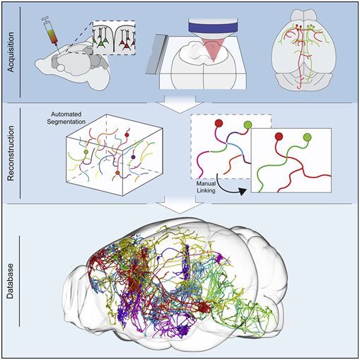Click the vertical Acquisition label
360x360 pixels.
pos(11,52)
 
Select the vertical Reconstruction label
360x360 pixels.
pos(11,153)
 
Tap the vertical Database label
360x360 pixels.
pos(10,281)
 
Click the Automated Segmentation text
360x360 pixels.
pos(66,118)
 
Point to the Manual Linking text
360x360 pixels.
pos(206,187)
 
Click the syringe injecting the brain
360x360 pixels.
pos(52,35)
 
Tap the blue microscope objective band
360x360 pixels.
pos(213,26)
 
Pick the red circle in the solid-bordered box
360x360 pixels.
pos(279,137)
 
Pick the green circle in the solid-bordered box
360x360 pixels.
pos(308,137)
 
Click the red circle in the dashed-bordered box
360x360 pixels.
pos(219,123)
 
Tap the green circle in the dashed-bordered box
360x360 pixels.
pos(248,124)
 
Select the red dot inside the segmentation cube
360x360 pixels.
pos(127,135)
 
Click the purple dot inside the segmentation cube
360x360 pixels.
pos(133,157)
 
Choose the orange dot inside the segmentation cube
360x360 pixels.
pos(117,173)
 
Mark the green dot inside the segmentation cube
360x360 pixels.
pos(86,152)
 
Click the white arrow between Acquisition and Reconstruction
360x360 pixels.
pos(180,103)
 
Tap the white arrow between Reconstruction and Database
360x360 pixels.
pos(180,204)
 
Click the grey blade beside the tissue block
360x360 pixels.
pos(156,54)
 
